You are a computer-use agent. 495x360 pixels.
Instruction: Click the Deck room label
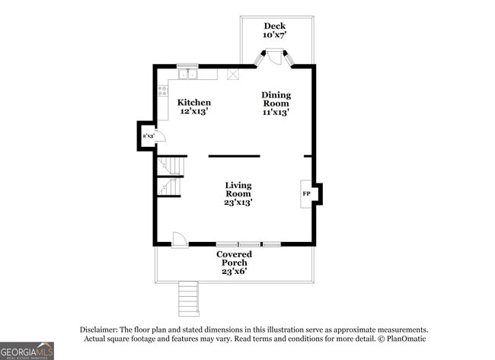tap(274, 26)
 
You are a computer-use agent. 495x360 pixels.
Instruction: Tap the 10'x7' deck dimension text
tap(274, 36)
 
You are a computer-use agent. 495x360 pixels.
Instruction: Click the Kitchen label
tap(194, 103)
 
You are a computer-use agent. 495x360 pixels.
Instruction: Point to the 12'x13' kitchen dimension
tap(194, 112)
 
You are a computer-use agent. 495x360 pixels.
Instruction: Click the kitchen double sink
tap(187, 74)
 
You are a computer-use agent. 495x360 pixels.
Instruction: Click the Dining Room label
tap(276, 99)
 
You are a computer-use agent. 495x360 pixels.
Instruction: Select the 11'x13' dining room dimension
tap(276, 112)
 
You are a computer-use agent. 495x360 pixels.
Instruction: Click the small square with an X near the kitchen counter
tap(233, 75)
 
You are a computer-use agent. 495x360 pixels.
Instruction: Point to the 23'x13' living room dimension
tap(238, 202)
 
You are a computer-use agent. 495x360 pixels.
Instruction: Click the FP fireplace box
tap(306, 194)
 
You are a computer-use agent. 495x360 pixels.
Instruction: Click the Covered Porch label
tap(234, 259)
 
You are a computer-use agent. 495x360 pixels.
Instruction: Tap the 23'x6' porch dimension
tap(234, 272)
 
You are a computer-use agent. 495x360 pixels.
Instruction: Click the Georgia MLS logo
tap(27, 350)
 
